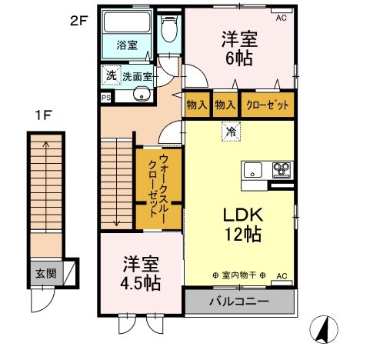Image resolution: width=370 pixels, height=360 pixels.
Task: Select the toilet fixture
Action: pyautogui.click(x=168, y=31)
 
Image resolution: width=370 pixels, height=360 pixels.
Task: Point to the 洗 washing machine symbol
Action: pyautogui.click(x=111, y=76)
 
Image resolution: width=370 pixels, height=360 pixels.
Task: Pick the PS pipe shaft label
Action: pyautogui.click(x=105, y=98)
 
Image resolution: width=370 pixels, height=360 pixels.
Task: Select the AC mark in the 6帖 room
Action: pyautogui.click(x=283, y=17)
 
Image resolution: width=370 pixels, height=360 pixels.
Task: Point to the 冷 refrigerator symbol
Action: pyautogui.click(x=229, y=132)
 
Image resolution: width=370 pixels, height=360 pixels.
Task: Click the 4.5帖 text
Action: pyautogui.click(x=140, y=282)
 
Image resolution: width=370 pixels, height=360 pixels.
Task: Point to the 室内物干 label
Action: pyautogui.click(x=238, y=275)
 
